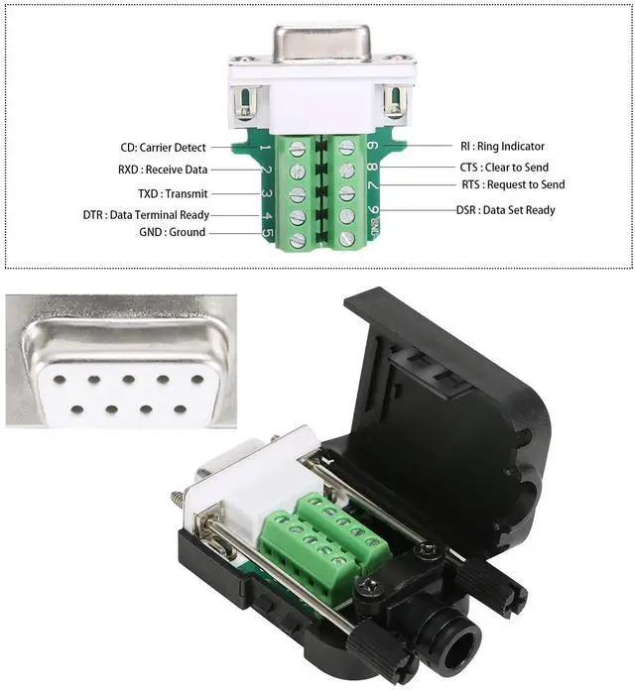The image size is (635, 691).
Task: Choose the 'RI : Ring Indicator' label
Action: pos(503,147)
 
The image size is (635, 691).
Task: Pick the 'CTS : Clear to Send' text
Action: pos(504,168)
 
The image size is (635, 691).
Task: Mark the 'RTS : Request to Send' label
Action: pos(513,184)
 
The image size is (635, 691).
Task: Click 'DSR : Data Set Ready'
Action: pos(505,210)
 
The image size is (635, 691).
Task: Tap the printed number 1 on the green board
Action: pos(265,150)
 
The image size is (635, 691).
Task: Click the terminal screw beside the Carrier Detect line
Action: pos(297,149)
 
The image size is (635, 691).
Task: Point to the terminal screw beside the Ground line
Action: pos(297,238)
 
